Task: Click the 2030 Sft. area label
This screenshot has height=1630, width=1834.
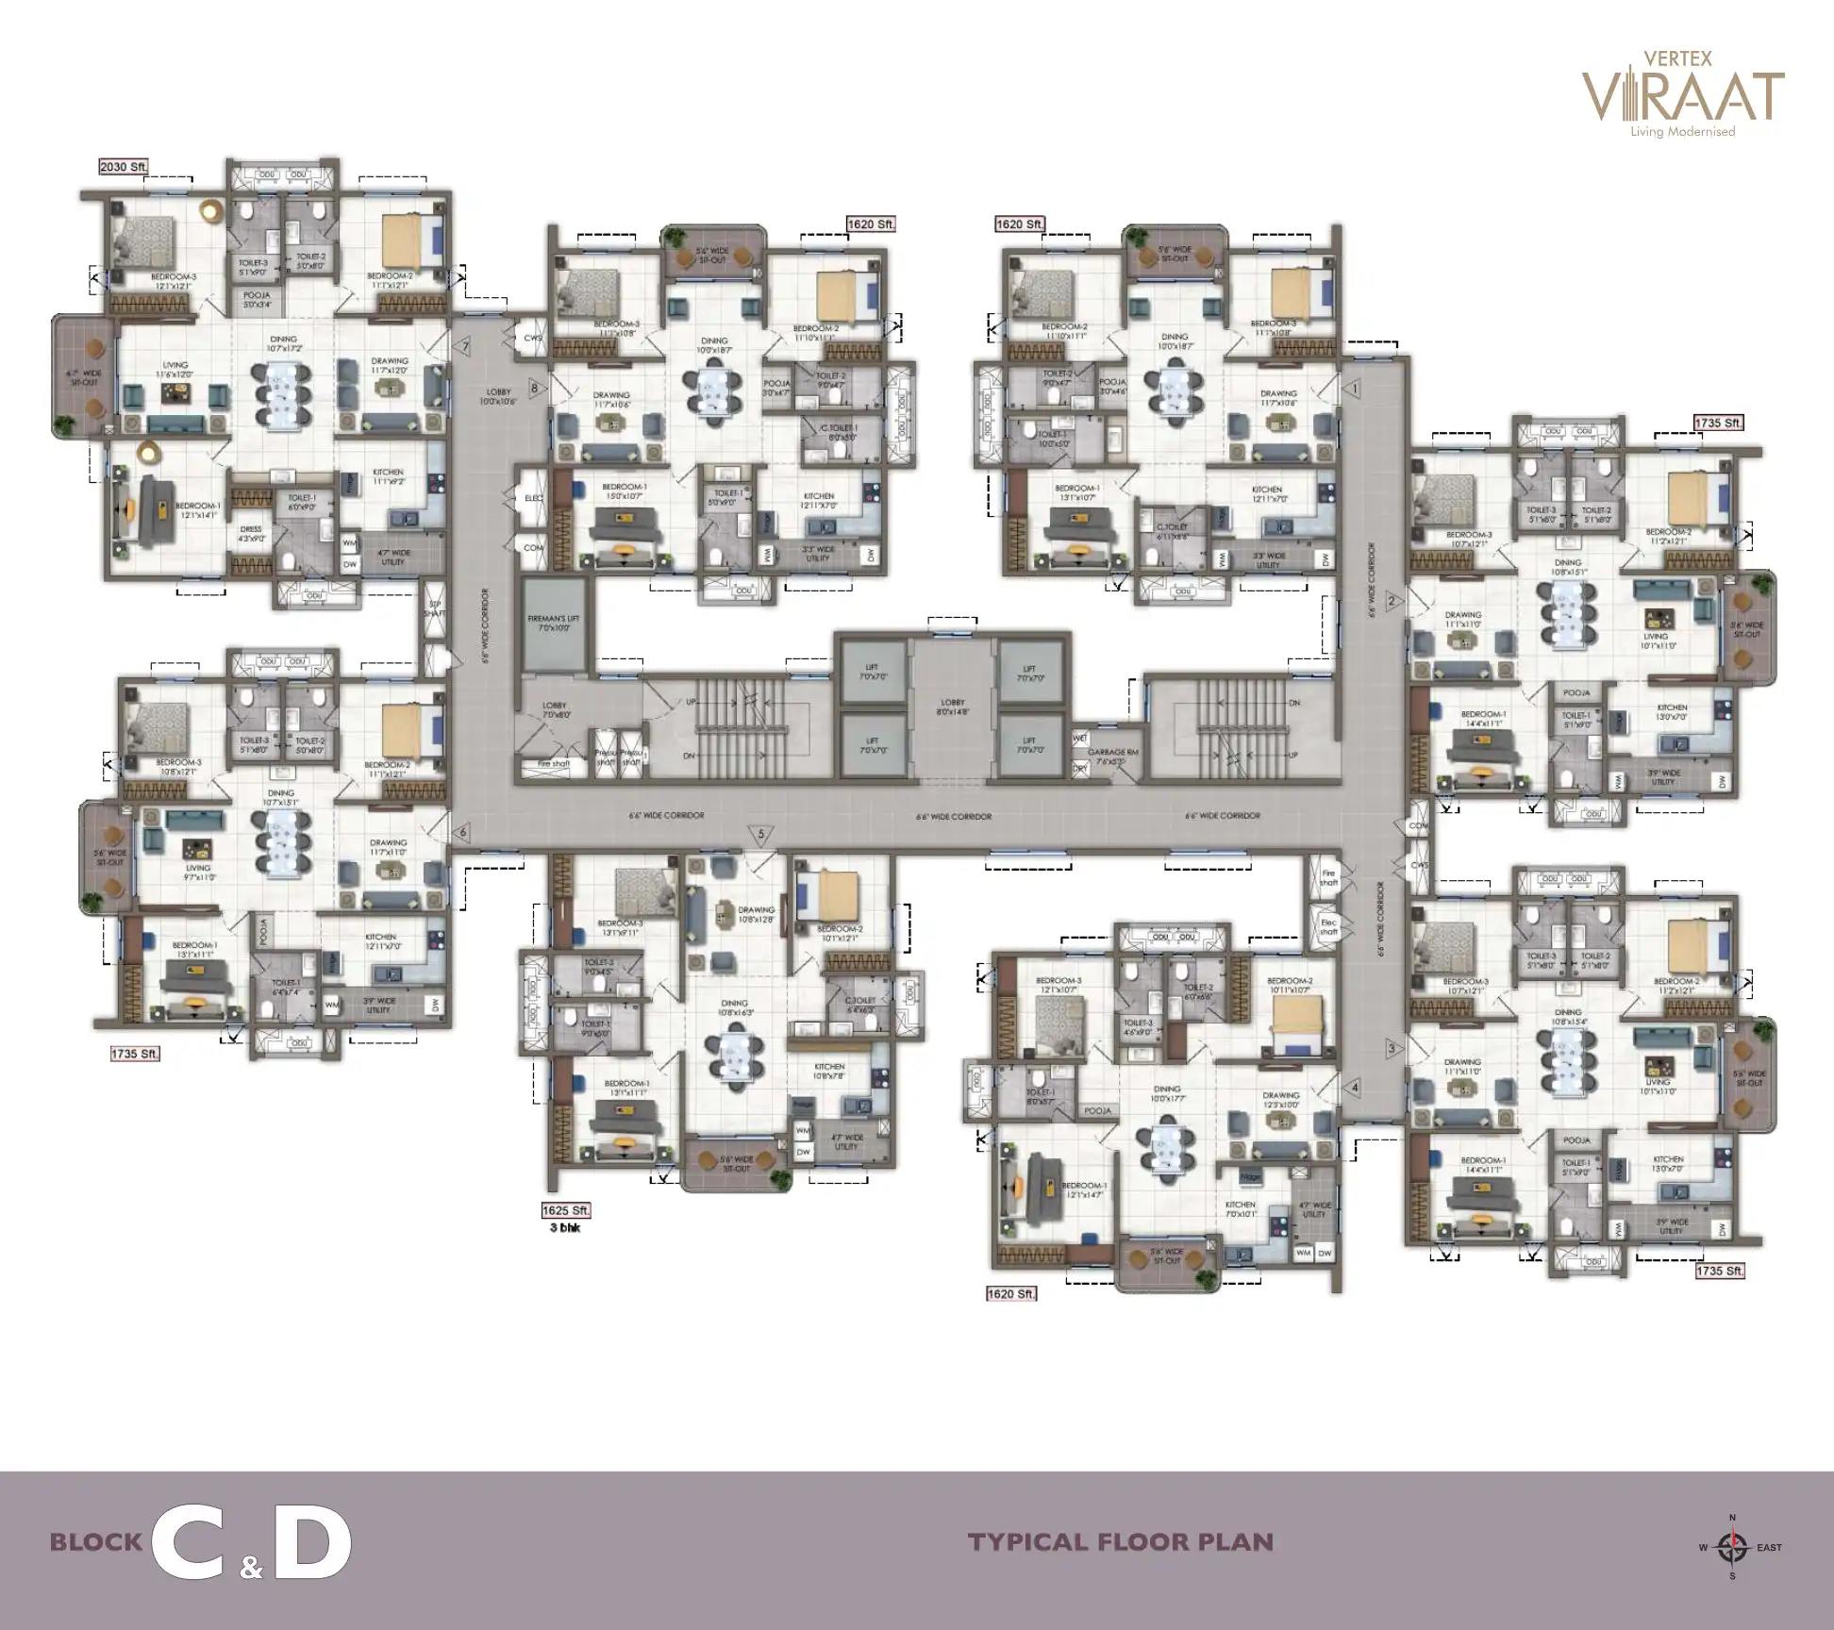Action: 124,167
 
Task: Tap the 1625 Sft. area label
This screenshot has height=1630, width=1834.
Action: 566,1210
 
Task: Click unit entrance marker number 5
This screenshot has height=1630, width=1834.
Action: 761,834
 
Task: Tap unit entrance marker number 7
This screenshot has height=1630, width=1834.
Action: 464,347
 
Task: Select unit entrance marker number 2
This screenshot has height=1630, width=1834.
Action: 1391,601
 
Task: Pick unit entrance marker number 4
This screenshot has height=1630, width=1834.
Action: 1355,1088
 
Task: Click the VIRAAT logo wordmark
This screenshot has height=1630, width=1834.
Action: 1683,96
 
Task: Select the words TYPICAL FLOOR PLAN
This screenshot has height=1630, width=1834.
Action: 1120,1542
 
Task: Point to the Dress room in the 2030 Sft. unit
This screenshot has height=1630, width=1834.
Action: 251,534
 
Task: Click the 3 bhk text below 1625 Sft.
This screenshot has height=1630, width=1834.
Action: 564,1228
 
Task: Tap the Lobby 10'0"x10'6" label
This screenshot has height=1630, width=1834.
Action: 498,396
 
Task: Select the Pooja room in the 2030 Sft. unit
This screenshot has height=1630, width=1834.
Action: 257,299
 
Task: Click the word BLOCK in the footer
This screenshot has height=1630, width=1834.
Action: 95,1543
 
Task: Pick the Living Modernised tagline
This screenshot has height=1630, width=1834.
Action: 1683,132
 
